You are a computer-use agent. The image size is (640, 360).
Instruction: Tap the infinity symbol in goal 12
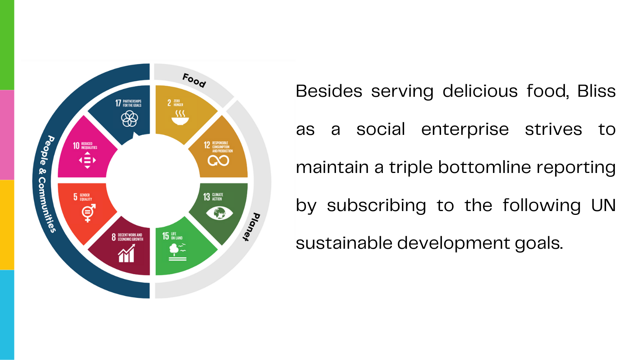coord(218,160)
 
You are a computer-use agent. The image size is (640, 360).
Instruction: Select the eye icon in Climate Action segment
coord(219,213)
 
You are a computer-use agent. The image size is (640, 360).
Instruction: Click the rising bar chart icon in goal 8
coord(126,254)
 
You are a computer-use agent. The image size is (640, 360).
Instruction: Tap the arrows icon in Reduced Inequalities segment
coord(87,160)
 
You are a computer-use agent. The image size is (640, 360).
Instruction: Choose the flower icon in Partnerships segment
coord(130,119)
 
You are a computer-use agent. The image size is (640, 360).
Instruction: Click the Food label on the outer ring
coord(194,80)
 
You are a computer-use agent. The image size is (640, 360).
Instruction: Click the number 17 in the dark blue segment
coord(118,103)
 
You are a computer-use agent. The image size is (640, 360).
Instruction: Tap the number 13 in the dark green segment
coord(206,197)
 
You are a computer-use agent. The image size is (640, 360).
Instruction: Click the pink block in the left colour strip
coord(7,135)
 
